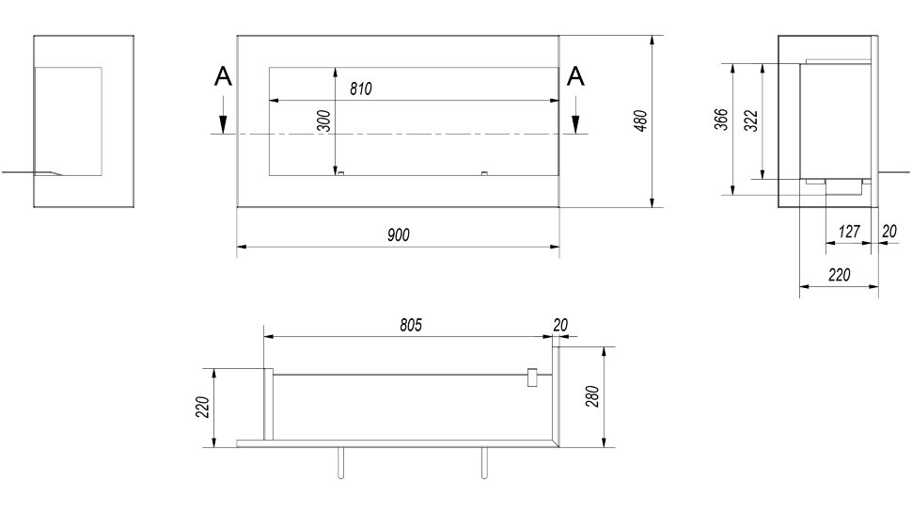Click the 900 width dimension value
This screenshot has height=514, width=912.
[399, 234]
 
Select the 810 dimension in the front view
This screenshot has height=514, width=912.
[361, 89]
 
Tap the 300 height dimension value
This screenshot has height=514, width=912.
[324, 120]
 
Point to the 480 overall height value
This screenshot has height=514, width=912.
[641, 120]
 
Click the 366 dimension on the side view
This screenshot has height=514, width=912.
[721, 120]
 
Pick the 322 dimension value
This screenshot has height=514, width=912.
[751, 120]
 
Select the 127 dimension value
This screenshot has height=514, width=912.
[849, 231]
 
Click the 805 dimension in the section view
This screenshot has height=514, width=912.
[411, 325]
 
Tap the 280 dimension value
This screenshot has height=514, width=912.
[592, 396]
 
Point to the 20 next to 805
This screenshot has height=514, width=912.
[560, 325]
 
